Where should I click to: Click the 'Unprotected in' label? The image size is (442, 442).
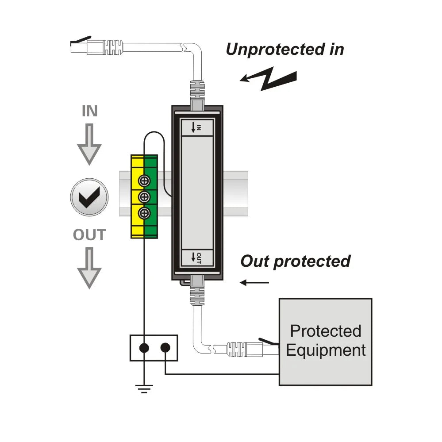point(284,49)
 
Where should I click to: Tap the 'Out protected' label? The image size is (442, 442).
point(295,261)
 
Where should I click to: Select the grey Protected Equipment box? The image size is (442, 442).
point(325,341)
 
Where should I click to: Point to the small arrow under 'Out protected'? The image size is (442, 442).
point(254,283)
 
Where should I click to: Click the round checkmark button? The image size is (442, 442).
point(89,197)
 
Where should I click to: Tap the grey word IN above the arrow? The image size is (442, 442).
point(89,111)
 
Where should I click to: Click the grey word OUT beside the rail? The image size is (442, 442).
point(89,235)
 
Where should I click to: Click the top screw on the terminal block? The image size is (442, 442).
point(144,181)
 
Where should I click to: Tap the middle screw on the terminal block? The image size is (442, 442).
point(144,197)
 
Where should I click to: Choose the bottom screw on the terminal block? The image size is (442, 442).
point(144,214)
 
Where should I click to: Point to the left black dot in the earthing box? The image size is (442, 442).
point(144,348)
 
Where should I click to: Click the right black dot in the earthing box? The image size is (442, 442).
point(165,348)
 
